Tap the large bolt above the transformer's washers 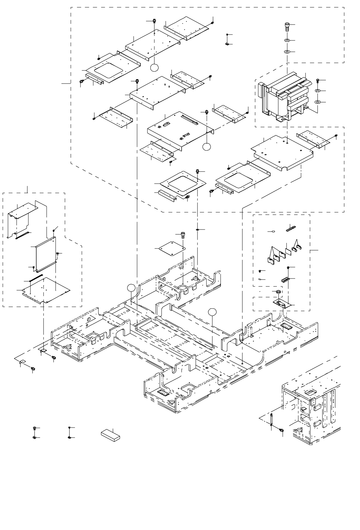pos(286,25)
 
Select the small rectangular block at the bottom pos(110,434)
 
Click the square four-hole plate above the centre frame pos(171,248)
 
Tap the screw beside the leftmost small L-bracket pos(33,369)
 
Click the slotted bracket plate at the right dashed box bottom pos(283,303)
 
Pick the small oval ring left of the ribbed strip pos(273,232)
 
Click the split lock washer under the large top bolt pos(286,41)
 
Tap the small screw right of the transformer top pos(317,80)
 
